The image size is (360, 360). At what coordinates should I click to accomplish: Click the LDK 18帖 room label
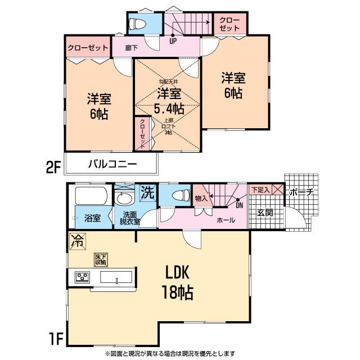[179, 282]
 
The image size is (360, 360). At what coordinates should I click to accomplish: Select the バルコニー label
[112, 165]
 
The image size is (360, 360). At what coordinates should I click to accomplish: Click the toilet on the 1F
[179, 197]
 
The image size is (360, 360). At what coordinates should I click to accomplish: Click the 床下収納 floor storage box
[101, 259]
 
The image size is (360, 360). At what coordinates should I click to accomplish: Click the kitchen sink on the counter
[116, 277]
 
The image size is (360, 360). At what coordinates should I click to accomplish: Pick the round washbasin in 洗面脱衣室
[123, 199]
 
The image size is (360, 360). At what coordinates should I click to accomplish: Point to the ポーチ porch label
[301, 192]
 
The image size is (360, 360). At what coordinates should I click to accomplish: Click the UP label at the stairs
[173, 40]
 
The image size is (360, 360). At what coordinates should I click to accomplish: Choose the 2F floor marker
[53, 167]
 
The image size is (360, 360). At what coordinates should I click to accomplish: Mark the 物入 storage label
[201, 197]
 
